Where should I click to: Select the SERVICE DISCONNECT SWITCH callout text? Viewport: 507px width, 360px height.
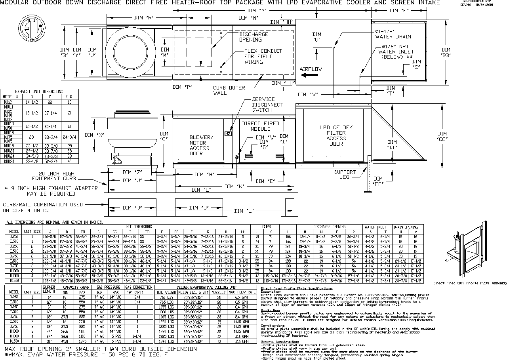click(267, 105)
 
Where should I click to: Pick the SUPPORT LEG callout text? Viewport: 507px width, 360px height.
click(345, 175)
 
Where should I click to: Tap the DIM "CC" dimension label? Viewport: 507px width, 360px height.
click(443, 136)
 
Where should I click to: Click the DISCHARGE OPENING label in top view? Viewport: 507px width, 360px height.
click(253, 37)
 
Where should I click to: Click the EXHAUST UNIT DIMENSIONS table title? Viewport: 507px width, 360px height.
click(38, 91)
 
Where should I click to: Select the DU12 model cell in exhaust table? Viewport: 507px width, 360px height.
click(8, 102)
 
